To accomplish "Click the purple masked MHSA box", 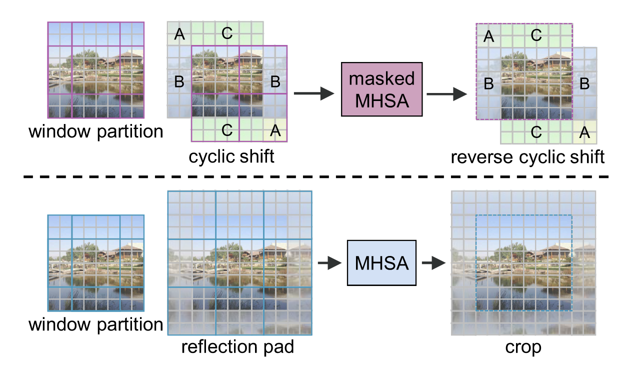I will [382, 89].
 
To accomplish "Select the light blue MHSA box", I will [381, 262].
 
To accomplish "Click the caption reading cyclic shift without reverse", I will [231, 156].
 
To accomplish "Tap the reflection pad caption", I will [237, 346].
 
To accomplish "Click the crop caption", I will [523, 346].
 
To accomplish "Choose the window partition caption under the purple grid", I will [96, 132].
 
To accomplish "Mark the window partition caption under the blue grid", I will [96, 324].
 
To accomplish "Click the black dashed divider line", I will [317, 177].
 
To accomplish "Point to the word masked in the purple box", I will [382, 78].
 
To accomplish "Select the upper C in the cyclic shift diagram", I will [226, 34].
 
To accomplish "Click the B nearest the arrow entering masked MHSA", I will [275, 82].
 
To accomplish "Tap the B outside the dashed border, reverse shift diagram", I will [583, 84].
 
